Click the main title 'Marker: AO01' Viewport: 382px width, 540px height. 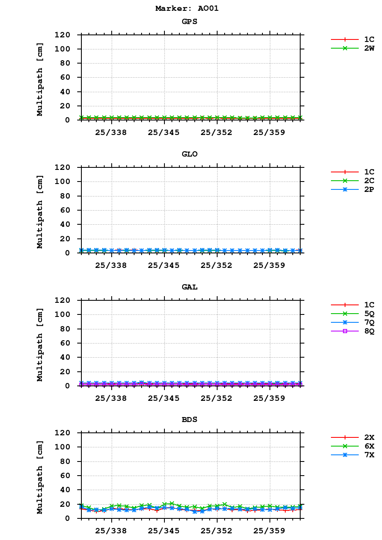tap(187, 8)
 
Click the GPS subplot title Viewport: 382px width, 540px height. tap(189, 22)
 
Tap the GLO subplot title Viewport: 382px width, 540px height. tap(189, 154)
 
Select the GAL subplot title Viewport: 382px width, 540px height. tap(189, 287)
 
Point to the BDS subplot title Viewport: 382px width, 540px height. tap(189, 420)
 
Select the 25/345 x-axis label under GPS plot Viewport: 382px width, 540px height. tap(164, 133)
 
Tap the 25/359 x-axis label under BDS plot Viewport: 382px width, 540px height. tap(269, 531)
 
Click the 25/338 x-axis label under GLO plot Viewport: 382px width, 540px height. tap(111, 265)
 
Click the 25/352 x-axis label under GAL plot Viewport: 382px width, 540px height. tap(217, 398)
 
